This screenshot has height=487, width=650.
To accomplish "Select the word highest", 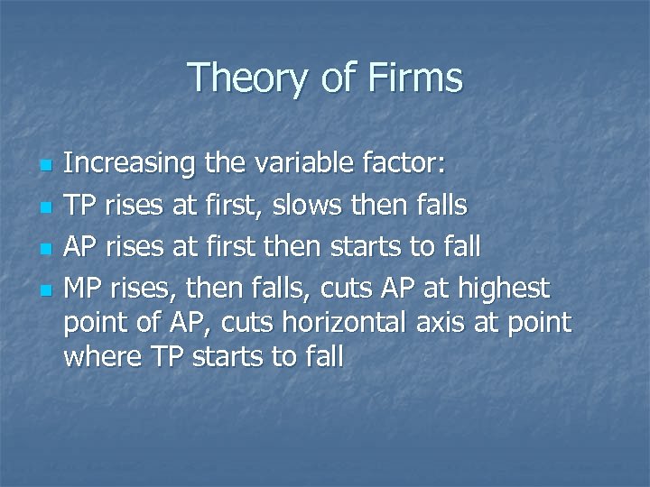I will [x=504, y=289].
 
